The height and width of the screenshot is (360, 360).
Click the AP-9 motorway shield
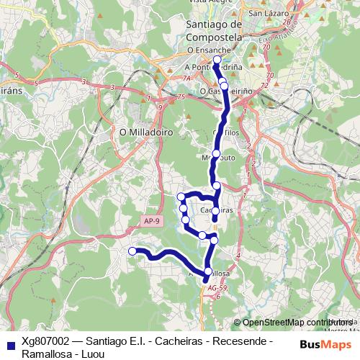(x=150, y=220)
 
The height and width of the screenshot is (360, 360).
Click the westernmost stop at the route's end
(x=132, y=251)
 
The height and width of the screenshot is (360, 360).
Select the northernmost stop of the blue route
(x=217, y=60)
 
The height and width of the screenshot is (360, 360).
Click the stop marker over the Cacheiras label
(x=215, y=210)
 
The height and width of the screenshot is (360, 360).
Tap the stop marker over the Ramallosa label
(x=209, y=271)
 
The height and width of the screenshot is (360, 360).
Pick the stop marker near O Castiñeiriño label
(x=224, y=86)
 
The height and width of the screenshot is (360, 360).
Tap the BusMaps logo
(x=325, y=343)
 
